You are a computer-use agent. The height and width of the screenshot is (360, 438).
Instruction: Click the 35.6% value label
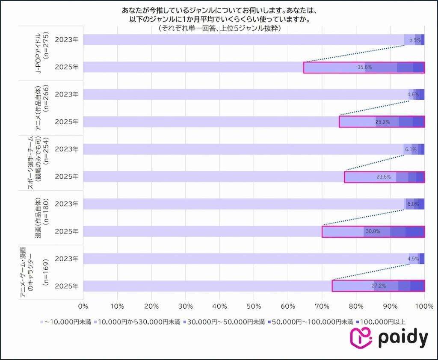point(364,68)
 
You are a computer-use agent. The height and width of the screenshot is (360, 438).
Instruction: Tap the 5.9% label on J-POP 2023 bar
point(415,40)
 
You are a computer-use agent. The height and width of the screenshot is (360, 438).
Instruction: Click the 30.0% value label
point(373,232)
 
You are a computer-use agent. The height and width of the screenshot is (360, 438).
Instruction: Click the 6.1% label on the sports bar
point(410,150)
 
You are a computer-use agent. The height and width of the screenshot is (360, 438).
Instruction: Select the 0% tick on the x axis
point(83,306)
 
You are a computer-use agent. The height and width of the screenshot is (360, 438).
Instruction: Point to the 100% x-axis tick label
point(424,306)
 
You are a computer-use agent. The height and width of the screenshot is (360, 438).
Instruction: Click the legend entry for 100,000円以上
point(381,322)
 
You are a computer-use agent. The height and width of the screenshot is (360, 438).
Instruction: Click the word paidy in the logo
point(402,338)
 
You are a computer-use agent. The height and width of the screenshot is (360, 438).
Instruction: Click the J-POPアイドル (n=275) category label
point(43,53)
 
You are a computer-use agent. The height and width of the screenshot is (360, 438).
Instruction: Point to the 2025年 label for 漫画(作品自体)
point(67,231)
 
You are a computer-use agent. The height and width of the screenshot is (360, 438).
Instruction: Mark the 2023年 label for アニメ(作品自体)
point(67,94)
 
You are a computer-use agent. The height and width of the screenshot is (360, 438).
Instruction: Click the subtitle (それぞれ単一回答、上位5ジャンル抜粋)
point(219,28)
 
